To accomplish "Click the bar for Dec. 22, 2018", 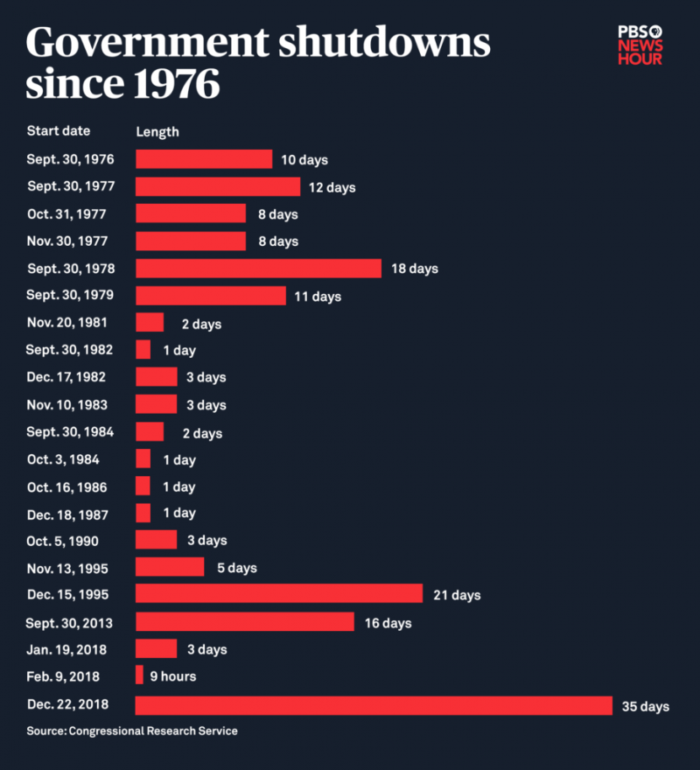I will coord(374,706).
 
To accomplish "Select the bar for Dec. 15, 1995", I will coord(279,595).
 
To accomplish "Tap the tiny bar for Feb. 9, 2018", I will coord(139,675).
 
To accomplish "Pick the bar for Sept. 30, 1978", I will coord(258,268).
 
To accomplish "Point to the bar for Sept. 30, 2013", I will coord(245,622).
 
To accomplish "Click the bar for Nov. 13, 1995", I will coord(170,567).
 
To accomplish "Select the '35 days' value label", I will coord(646,706).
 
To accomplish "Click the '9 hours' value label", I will coord(172,675).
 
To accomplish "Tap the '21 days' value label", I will coord(457,595).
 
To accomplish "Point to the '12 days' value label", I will coord(332,187).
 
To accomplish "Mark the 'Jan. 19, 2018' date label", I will coord(68,648).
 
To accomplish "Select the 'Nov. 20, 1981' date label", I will coord(67,322).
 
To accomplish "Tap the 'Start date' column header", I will coord(59,131).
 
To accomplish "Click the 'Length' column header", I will coord(157,132).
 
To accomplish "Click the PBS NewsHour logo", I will coord(640,45).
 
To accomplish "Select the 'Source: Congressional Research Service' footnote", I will coord(132,731).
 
